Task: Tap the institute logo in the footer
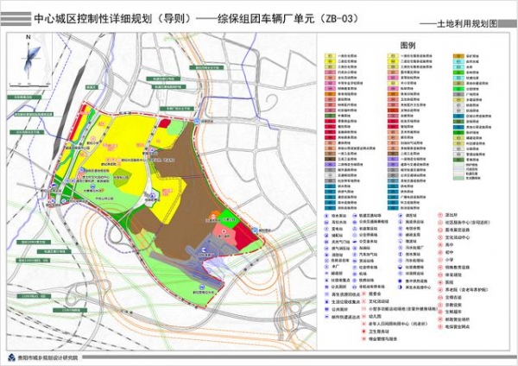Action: [x=12, y=357]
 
